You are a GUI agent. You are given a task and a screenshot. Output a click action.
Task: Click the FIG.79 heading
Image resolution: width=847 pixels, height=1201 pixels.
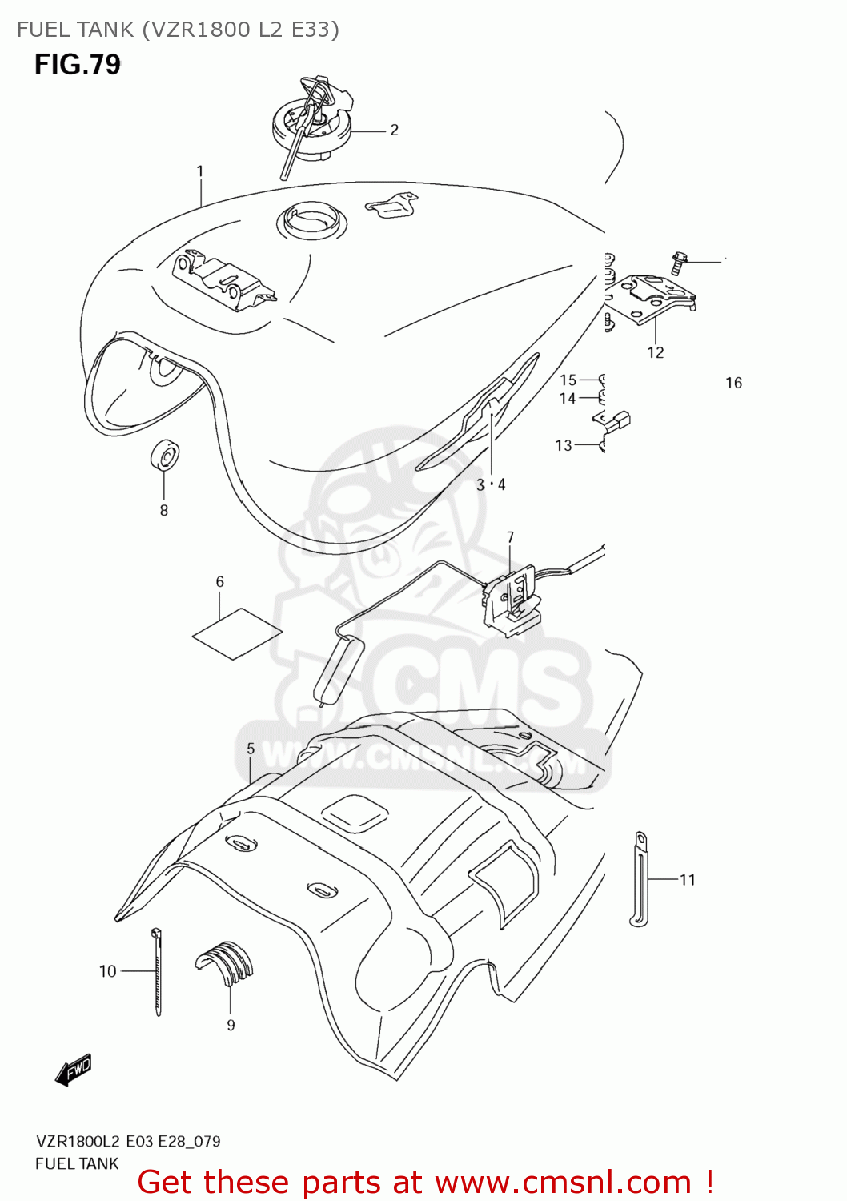(78, 64)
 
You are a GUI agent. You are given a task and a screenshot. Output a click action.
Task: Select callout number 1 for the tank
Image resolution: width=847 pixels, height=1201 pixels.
(199, 171)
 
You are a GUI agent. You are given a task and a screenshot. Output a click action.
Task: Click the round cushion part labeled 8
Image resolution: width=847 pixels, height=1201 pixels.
(165, 456)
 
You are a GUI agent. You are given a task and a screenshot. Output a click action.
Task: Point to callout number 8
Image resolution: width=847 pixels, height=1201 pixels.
(164, 510)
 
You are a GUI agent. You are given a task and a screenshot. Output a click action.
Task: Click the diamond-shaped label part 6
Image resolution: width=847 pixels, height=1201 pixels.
(237, 633)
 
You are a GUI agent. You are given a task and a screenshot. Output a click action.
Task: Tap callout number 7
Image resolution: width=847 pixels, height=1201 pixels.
(510, 537)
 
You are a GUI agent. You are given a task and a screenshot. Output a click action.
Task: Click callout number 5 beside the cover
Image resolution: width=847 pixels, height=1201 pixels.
(251, 749)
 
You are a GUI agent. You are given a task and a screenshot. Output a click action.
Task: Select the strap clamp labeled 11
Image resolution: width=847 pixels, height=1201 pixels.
(639, 879)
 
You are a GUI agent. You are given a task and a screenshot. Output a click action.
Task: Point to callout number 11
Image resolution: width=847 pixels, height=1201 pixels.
(688, 880)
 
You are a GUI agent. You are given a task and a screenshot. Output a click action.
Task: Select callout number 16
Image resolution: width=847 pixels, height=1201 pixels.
(733, 383)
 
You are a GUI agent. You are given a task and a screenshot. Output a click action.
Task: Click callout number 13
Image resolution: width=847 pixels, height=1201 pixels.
(564, 445)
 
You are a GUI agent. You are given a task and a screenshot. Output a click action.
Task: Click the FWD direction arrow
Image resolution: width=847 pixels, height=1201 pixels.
(74, 1070)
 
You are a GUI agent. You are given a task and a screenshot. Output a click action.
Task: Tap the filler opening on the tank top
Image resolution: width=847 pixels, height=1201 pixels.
(312, 219)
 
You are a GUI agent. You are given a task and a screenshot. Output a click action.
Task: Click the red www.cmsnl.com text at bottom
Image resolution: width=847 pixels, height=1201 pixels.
(563, 1182)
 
